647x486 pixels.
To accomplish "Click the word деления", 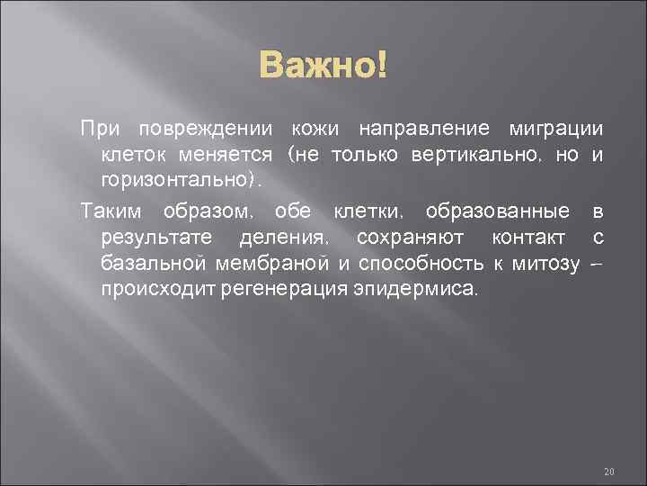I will click(x=283, y=238).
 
